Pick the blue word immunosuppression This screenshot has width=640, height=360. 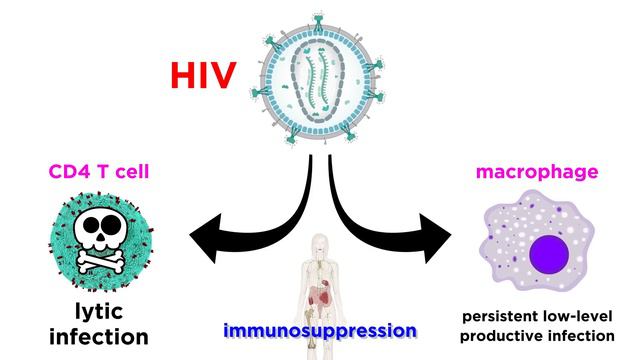319,329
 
